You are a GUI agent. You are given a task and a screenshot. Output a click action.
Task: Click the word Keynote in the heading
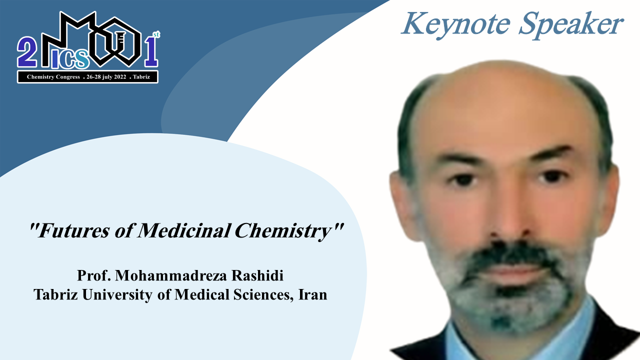[455, 24]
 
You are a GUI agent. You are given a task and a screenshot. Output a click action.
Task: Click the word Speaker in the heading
[571, 24]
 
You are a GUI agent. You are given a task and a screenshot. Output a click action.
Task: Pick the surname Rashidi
[257, 275]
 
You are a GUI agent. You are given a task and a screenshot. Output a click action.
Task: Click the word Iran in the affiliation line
[313, 294]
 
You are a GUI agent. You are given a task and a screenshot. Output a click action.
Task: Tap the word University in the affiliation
[117, 295]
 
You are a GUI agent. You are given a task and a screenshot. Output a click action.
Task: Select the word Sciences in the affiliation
[263, 295]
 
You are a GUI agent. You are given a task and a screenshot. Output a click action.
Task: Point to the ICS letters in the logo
[70, 59]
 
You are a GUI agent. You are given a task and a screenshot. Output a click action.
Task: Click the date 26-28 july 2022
[106, 77]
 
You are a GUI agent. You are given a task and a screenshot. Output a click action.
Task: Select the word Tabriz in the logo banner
[141, 77]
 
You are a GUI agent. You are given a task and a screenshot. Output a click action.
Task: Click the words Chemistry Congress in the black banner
[53, 77]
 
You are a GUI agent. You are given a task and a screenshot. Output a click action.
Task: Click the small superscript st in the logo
[156, 34]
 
